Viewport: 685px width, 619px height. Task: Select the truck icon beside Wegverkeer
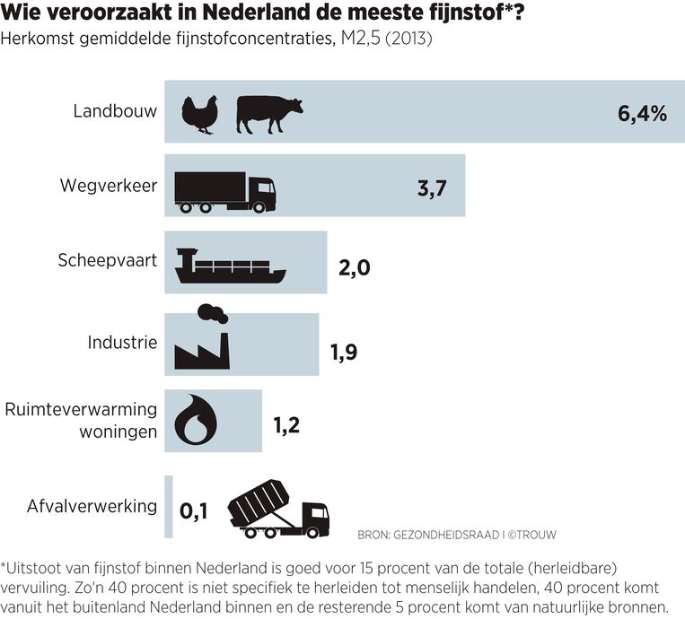(225, 191)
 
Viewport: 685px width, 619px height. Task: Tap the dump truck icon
(278, 510)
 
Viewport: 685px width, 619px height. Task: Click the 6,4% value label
(642, 113)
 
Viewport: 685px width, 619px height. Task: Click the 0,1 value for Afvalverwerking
(194, 511)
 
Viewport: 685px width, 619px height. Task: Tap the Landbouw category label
(115, 111)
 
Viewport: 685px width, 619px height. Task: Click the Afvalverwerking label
(92, 506)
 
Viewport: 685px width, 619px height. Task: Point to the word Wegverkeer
(109, 186)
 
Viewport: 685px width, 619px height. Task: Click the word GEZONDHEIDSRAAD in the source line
(443, 535)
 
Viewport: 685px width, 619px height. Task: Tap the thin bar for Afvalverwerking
(168, 506)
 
